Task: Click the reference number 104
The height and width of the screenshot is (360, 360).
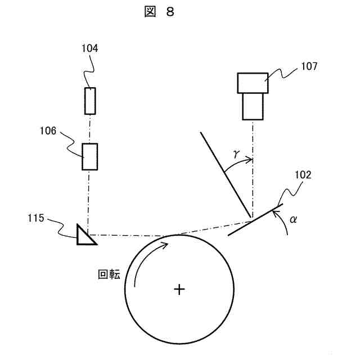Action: pos(89,48)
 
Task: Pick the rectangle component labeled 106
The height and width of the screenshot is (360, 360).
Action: pos(90,156)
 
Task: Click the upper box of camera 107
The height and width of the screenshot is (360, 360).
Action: pos(253,83)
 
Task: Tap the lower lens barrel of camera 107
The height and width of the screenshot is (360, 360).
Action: pos(253,106)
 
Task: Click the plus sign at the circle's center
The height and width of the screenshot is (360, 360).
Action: pos(179,290)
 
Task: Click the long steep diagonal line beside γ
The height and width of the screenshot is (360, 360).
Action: pos(225,174)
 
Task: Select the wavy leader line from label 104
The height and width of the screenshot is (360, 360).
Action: pos(88,71)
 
